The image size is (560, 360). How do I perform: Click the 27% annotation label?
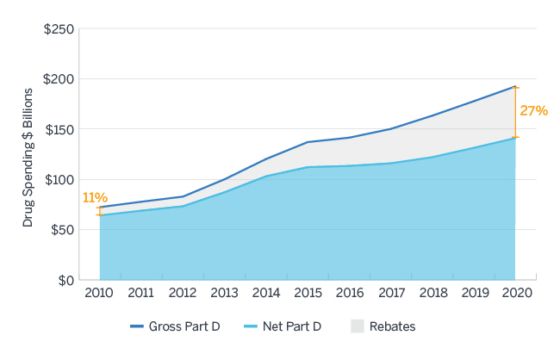[x=533, y=111]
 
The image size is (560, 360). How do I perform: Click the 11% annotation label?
[x=95, y=198]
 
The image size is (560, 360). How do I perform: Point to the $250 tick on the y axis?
[x=58, y=29]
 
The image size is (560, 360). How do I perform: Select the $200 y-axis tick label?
[x=58, y=79]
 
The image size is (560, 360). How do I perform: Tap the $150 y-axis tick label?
[x=58, y=130]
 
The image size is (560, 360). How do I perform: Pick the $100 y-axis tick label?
[x=58, y=180]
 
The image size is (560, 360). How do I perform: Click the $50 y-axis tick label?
[x=60, y=230]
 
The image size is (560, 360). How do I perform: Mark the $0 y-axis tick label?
[x=64, y=280]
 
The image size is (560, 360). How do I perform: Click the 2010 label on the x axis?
[x=99, y=293]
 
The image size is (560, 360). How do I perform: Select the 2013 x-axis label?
[x=224, y=293]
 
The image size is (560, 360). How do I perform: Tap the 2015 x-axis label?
[x=308, y=293]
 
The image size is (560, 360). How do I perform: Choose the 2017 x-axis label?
[x=390, y=293]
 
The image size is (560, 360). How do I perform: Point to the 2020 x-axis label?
[x=515, y=293]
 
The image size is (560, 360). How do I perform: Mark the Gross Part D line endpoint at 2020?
[x=515, y=86]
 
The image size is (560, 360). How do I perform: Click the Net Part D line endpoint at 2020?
[x=515, y=138]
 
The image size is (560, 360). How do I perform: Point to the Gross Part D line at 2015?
[x=308, y=142]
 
